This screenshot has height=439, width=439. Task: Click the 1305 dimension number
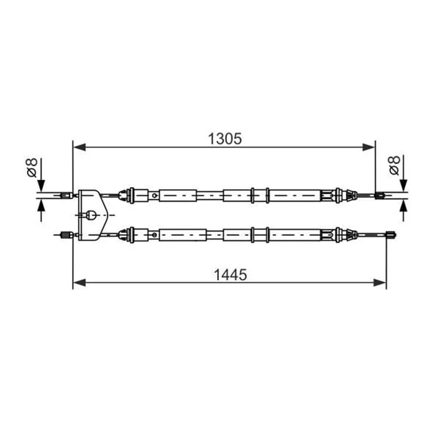[225, 139]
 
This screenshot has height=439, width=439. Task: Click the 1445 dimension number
[230, 275]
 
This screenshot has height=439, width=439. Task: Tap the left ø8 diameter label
[32, 167]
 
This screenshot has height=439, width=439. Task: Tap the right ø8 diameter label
[395, 166]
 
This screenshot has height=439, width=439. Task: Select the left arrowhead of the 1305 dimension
[79, 147]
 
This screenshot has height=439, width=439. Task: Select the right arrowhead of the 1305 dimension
[368, 147]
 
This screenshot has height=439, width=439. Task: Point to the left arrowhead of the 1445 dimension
[79, 283]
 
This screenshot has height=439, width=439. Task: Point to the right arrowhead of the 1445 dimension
[380, 283]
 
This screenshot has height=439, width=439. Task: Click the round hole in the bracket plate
[91, 215]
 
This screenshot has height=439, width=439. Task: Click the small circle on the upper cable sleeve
[154, 196]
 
